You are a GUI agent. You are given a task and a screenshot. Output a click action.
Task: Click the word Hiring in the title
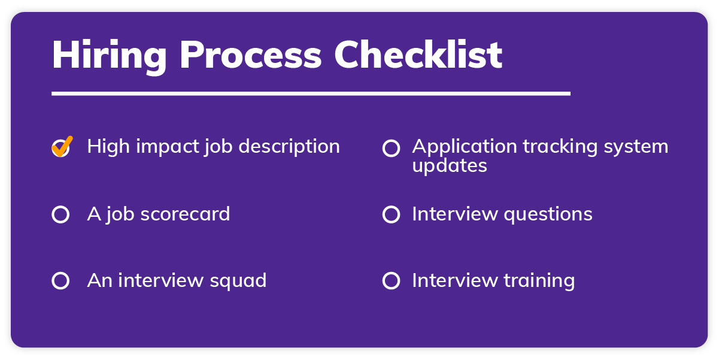[110, 56]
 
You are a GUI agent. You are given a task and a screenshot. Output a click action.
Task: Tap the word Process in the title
[250, 56]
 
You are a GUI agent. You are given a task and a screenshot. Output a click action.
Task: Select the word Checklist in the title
[418, 56]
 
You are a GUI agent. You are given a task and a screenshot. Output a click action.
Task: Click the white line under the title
[311, 93]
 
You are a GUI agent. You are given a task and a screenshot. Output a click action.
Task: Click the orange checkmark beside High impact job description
[62, 146]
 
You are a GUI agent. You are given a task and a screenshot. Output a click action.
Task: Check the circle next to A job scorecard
[60, 214]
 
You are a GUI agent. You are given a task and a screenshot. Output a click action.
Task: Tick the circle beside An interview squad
[60, 280]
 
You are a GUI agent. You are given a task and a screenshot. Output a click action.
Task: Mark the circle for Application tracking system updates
[391, 149]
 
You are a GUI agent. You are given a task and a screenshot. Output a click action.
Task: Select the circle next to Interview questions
[391, 214]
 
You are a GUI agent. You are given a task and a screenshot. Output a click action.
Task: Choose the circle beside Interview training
[391, 280]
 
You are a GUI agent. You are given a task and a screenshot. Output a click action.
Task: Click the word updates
[449, 166]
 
